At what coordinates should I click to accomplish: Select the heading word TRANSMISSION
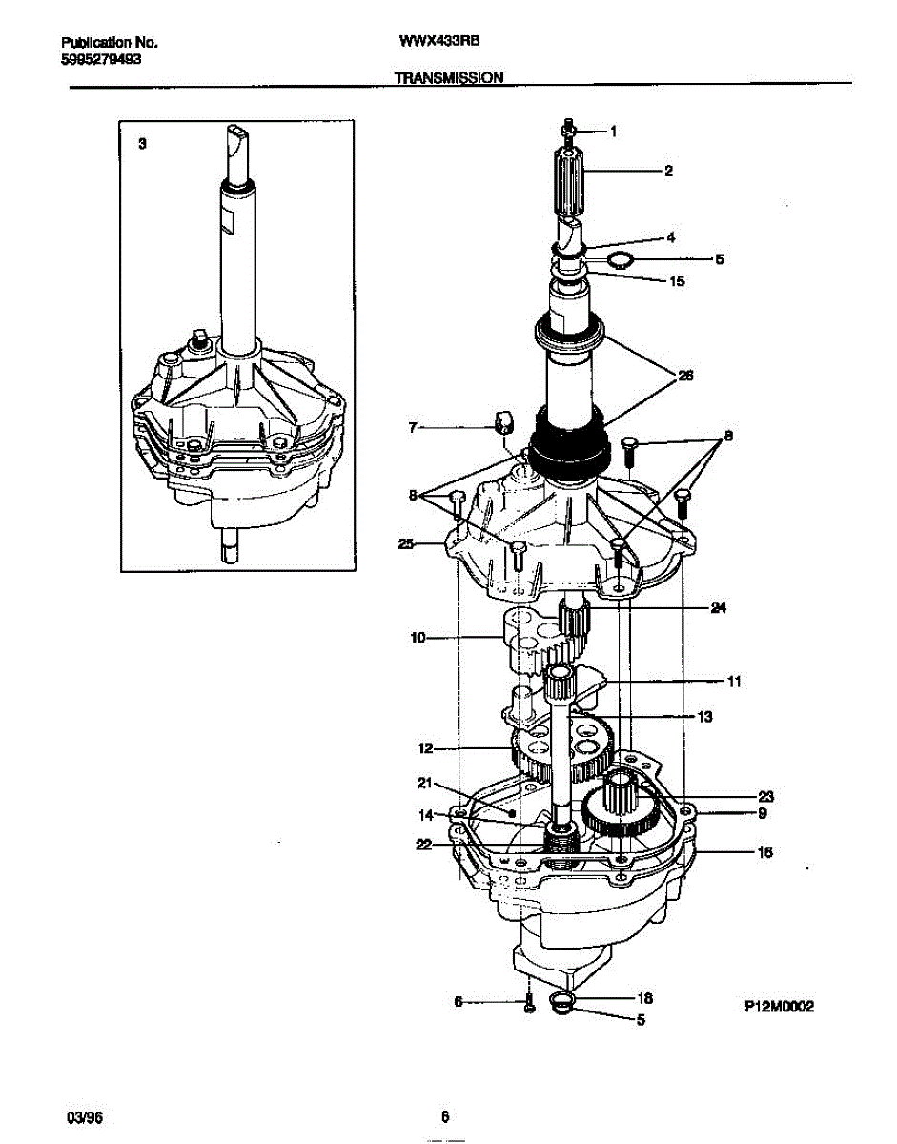[x=449, y=78]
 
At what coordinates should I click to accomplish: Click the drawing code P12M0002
[x=779, y=1006]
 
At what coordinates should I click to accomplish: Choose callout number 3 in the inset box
[x=142, y=144]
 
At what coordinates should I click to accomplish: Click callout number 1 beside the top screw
[x=613, y=133]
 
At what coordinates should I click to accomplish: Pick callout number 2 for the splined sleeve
[x=668, y=172]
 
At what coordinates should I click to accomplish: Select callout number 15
[x=677, y=281]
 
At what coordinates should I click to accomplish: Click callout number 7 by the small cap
[x=413, y=427]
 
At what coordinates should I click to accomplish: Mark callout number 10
[x=418, y=638]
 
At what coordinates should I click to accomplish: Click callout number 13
[x=704, y=716]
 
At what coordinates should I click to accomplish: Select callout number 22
[x=422, y=844]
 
